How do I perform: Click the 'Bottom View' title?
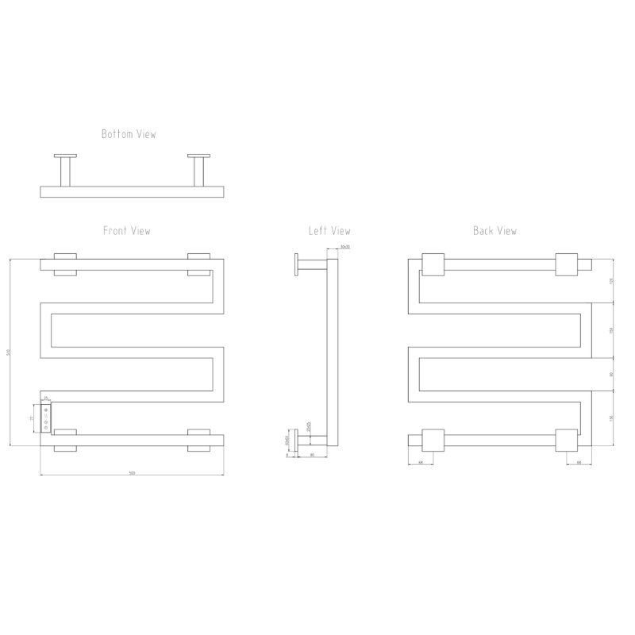129,134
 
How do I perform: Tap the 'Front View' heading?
127,231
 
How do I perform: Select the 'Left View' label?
329,231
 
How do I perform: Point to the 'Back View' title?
495,231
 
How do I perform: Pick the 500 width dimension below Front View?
132,474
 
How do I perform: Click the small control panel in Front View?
46,418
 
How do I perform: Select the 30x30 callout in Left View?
344,248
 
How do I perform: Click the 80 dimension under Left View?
312,455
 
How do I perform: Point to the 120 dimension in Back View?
612,281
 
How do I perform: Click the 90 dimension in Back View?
612,374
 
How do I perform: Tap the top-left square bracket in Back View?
433,264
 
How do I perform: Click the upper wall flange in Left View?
295,264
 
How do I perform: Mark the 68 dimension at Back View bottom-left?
421,462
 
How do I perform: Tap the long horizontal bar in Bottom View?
132,191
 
